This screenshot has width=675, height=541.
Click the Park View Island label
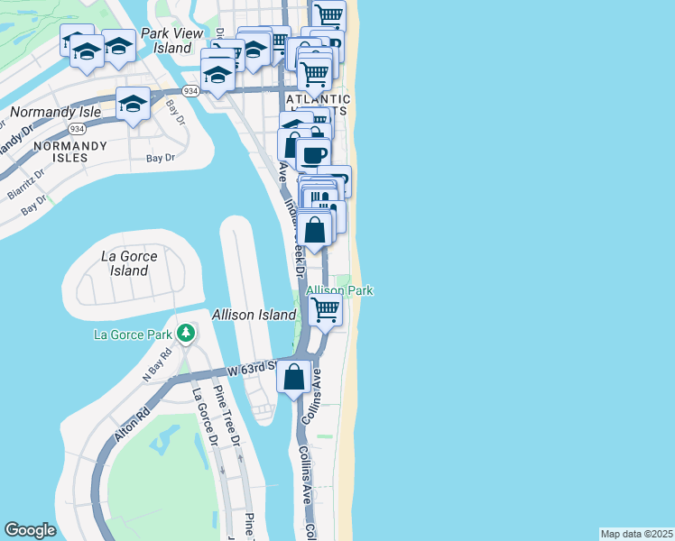(x=164, y=41)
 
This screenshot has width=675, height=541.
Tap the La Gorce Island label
(x=130, y=263)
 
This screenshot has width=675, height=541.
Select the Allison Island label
(x=254, y=315)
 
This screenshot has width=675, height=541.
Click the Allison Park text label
(x=339, y=290)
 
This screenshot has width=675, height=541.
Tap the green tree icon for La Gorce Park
(x=186, y=335)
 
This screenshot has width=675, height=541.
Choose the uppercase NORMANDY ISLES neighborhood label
(x=60, y=151)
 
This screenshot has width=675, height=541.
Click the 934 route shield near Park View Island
(x=190, y=91)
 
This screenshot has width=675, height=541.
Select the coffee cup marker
(x=313, y=154)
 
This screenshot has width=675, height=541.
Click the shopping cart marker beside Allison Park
(x=325, y=310)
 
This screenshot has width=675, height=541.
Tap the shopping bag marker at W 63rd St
(x=294, y=377)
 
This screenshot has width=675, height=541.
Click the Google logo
(x=30, y=530)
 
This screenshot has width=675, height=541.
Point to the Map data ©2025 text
(x=636, y=534)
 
